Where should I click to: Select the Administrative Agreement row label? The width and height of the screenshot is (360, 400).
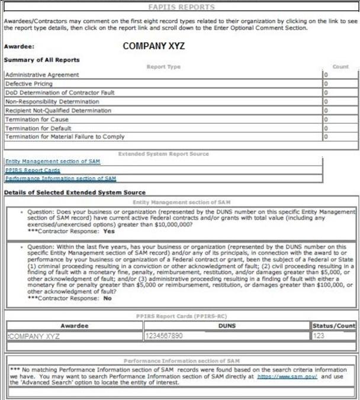tap(41, 75)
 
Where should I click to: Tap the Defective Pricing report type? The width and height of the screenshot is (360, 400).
tap(28, 84)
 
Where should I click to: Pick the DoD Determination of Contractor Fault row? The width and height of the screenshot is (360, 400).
tap(59, 93)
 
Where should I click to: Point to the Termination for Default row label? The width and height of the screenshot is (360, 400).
tap(38, 128)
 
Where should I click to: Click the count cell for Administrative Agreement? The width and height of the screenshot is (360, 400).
tap(340, 75)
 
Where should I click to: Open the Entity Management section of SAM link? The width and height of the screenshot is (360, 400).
tap(52, 162)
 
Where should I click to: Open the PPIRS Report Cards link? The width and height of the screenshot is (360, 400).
tap(33, 170)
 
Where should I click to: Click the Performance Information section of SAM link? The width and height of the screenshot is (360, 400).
tap(60, 178)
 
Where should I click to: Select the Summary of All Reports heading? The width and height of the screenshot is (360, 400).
tap(41, 60)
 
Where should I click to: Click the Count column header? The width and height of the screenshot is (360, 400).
tap(340, 67)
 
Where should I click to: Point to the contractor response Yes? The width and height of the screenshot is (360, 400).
tap(108, 231)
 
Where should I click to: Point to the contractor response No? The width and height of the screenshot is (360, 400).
tap(107, 298)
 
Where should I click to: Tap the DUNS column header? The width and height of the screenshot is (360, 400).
tap(226, 325)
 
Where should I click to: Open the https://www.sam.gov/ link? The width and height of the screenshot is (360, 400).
tap(287, 376)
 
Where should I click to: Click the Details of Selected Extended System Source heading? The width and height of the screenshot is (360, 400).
tap(75, 193)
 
